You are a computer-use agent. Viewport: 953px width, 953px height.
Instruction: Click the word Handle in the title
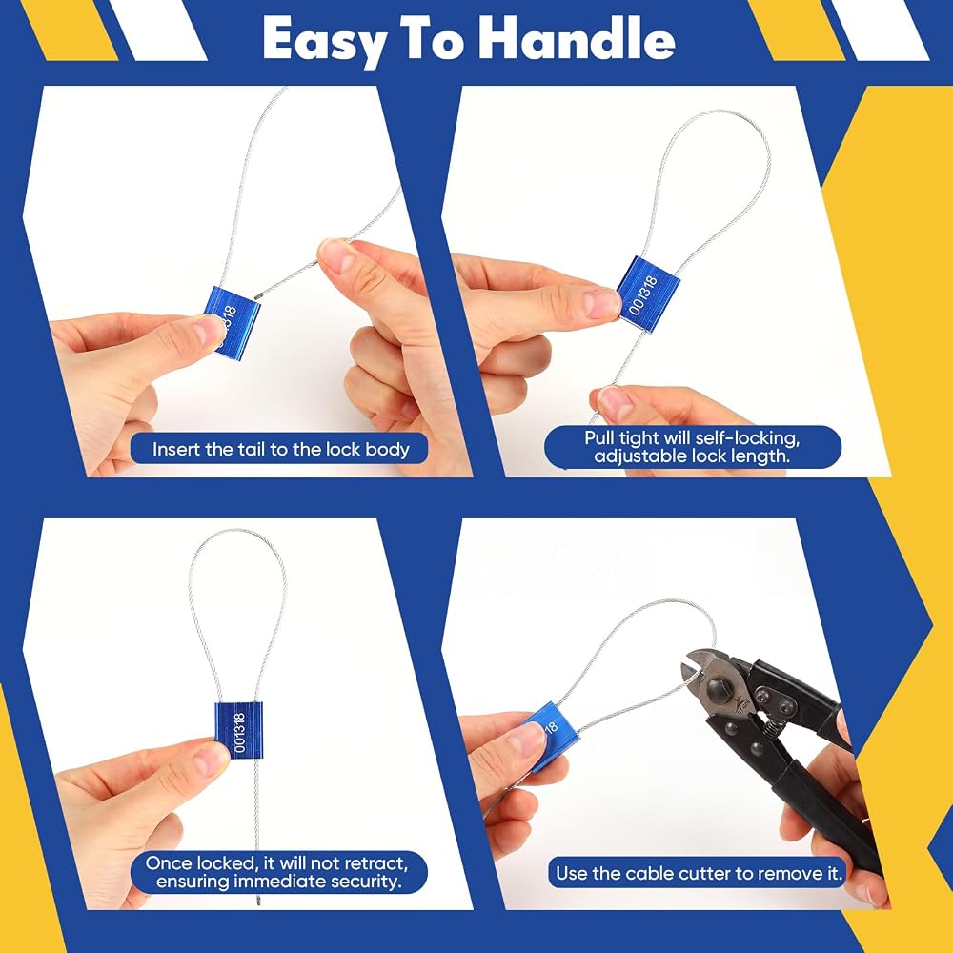pyautogui.click(x=577, y=39)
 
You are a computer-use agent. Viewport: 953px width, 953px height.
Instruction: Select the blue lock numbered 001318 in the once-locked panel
pyautogui.click(x=239, y=731)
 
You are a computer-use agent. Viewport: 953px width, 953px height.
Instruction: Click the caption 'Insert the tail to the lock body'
pyautogui.click(x=280, y=449)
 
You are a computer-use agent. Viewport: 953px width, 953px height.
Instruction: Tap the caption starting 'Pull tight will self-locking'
pyautogui.click(x=692, y=447)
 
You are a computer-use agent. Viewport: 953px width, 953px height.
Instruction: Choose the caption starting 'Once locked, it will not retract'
pyautogui.click(x=277, y=872)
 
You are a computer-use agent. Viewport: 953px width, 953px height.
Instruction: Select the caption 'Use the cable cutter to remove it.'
pyautogui.click(x=699, y=873)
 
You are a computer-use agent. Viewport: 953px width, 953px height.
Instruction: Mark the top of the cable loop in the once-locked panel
pyautogui.click(x=236, y=531)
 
